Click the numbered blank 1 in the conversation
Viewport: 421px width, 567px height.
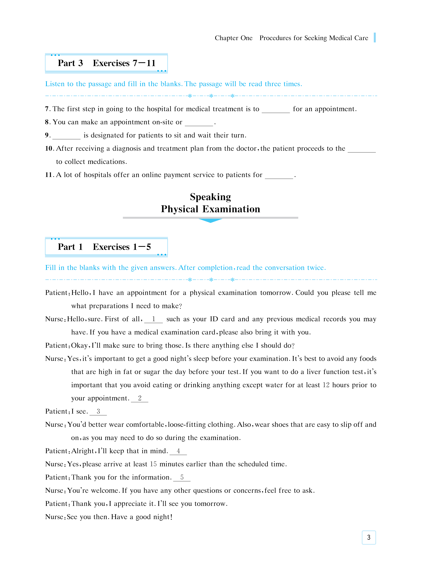[153, 319]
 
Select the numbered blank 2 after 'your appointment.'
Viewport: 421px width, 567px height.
[140, 398]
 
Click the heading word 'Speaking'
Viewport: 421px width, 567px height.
[210, 197]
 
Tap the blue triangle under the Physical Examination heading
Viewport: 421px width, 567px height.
[210, 221]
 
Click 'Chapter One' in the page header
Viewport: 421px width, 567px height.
[233, 38]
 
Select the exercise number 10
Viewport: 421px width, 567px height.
[48, 148]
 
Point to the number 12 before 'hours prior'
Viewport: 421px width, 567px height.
[326, 385]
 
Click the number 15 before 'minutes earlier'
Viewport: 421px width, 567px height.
[153, 464]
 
